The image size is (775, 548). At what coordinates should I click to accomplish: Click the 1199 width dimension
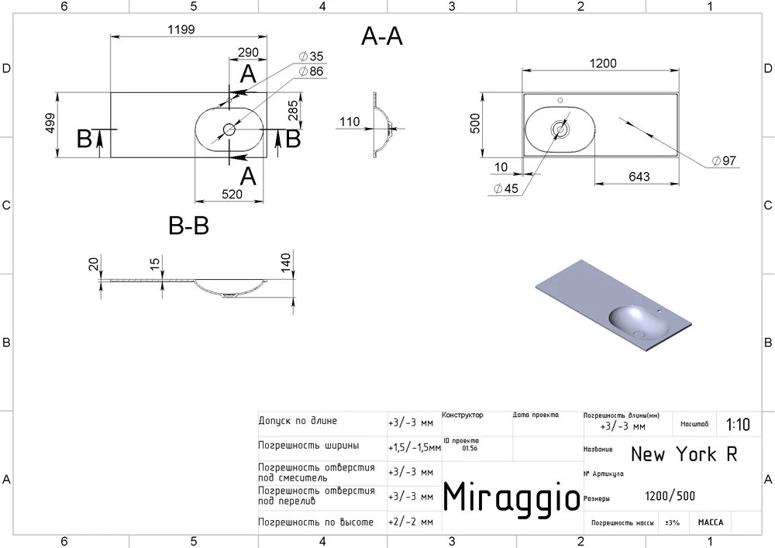coord(181,29)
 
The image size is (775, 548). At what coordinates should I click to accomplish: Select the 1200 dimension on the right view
coord(603,64)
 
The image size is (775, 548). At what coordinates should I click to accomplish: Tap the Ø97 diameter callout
coord(724,160)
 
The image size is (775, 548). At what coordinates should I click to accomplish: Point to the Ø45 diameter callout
coord(506,189)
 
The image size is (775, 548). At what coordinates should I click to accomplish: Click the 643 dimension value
coord(639,177)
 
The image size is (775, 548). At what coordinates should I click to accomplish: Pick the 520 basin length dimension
coord(232,195)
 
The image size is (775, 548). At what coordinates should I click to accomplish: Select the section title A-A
coord(382,36)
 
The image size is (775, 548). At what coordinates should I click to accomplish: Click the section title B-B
coord(189,226)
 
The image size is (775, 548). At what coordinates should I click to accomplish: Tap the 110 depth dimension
coord(350,122)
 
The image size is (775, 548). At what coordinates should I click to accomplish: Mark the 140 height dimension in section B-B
coord(286,263)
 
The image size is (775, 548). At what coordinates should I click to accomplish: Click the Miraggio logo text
coord(511,497)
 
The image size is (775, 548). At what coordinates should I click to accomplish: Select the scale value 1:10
coord(738,425)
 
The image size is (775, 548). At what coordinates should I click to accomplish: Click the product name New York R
coord(684,453)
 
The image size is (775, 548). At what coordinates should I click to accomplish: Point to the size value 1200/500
coord(670,496)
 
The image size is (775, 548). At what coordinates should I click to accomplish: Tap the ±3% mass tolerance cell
coord(672,522)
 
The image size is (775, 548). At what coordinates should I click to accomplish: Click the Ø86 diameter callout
coord(311,71)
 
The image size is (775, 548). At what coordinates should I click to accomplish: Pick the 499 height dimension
coord(50,123)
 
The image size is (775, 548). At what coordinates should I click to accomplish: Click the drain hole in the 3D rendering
coord(639,335)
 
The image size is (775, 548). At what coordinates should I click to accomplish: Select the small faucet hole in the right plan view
coord(560,100)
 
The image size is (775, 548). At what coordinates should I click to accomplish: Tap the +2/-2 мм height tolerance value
coord(411,522)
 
